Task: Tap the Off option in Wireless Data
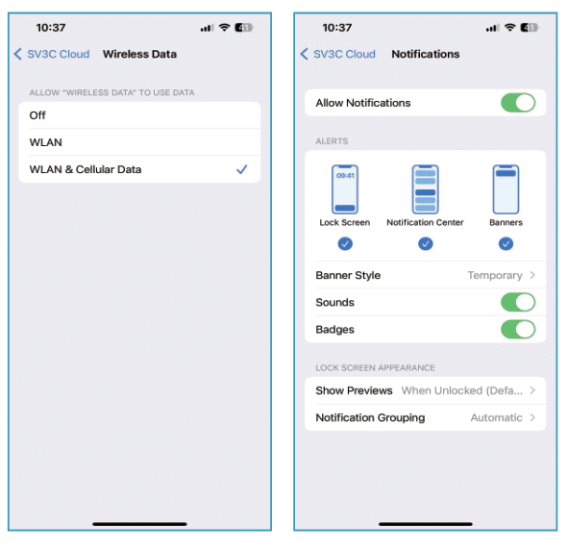tap(38, 114)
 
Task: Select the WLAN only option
tap(45, 142)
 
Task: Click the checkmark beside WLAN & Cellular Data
tap(241, 169)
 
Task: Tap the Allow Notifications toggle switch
tap(518, 103)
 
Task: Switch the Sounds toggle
tap(518, 302)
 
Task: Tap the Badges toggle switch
tap(518, 329)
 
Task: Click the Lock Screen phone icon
tap(344, 189)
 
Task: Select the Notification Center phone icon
tap(425, 189)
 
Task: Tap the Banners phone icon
tap(506, 189)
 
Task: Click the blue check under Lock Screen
tap(344, 244)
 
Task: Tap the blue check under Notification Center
tap(425, 244)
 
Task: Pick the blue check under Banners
tap(506, 244)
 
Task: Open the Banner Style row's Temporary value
tap(495, 275)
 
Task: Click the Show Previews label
tap(354, 390)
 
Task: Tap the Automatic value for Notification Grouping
tap(496, 417)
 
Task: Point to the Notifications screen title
tap(425, 54)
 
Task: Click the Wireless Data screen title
tap(139, 54)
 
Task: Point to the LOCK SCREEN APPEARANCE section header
tap(375, 367)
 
